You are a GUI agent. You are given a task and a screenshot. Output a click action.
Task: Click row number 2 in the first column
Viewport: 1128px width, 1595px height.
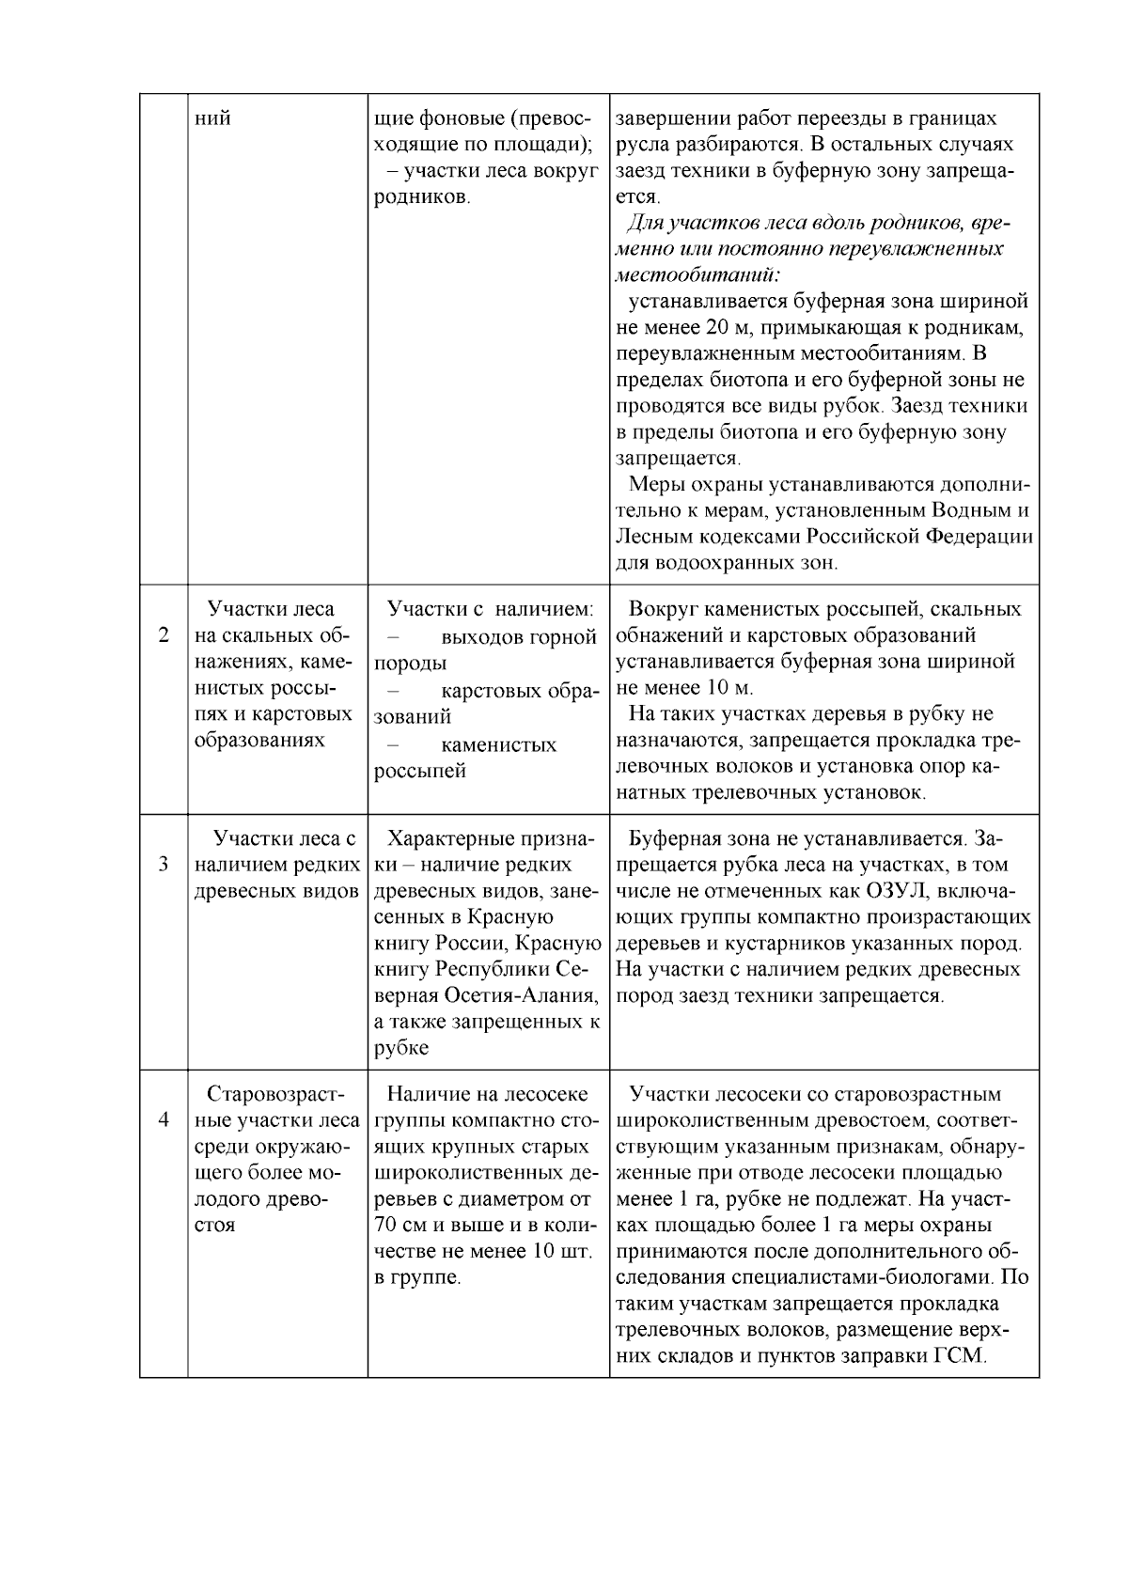tap(164, 635)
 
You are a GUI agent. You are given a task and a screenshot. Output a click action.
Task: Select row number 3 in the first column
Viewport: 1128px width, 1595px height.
tap(164, 864)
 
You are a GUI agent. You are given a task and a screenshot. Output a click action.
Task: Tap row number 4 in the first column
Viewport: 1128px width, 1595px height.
tap(164, 1120)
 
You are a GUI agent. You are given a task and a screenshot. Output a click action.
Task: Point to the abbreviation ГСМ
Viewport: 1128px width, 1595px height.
tap(958, 1356)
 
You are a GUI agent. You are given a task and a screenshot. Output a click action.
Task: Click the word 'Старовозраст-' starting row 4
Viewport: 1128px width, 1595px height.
tap(275, 1094)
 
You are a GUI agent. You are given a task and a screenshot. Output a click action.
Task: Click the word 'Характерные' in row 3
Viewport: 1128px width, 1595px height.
tap(447, 837)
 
